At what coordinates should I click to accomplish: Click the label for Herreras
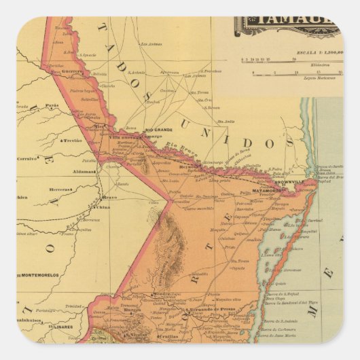[60, 190]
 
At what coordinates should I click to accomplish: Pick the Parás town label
[52, 105]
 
